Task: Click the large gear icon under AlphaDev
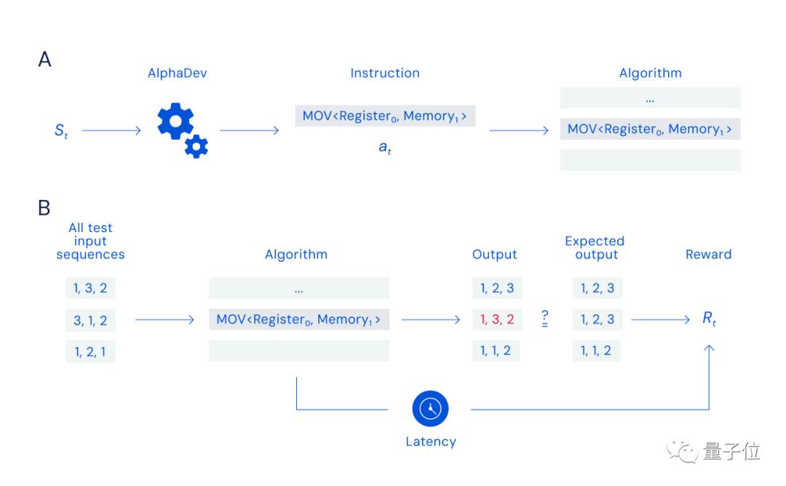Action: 175,121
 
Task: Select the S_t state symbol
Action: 61,132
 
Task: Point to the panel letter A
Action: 45,60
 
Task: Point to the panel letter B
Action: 44,209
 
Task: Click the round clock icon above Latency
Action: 430,409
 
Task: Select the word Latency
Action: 431,442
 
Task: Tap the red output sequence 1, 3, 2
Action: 497,319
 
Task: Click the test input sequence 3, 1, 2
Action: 90,319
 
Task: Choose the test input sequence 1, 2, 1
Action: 90,351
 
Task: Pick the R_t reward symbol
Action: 709,319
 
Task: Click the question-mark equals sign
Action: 544,319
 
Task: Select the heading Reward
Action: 708,255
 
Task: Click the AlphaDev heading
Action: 178,73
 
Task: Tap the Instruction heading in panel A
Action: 385,73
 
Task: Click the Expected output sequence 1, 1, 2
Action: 596,351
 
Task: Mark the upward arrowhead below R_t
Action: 710,348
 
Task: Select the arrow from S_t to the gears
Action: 111,131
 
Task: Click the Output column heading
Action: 495,255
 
